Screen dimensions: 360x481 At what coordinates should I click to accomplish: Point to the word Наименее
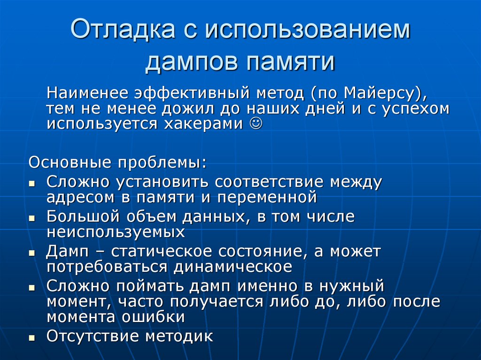coord(87,93)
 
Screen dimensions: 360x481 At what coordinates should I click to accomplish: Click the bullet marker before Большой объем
coord(31,219)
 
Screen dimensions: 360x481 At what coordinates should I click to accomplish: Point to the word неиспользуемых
coord(115,232)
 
